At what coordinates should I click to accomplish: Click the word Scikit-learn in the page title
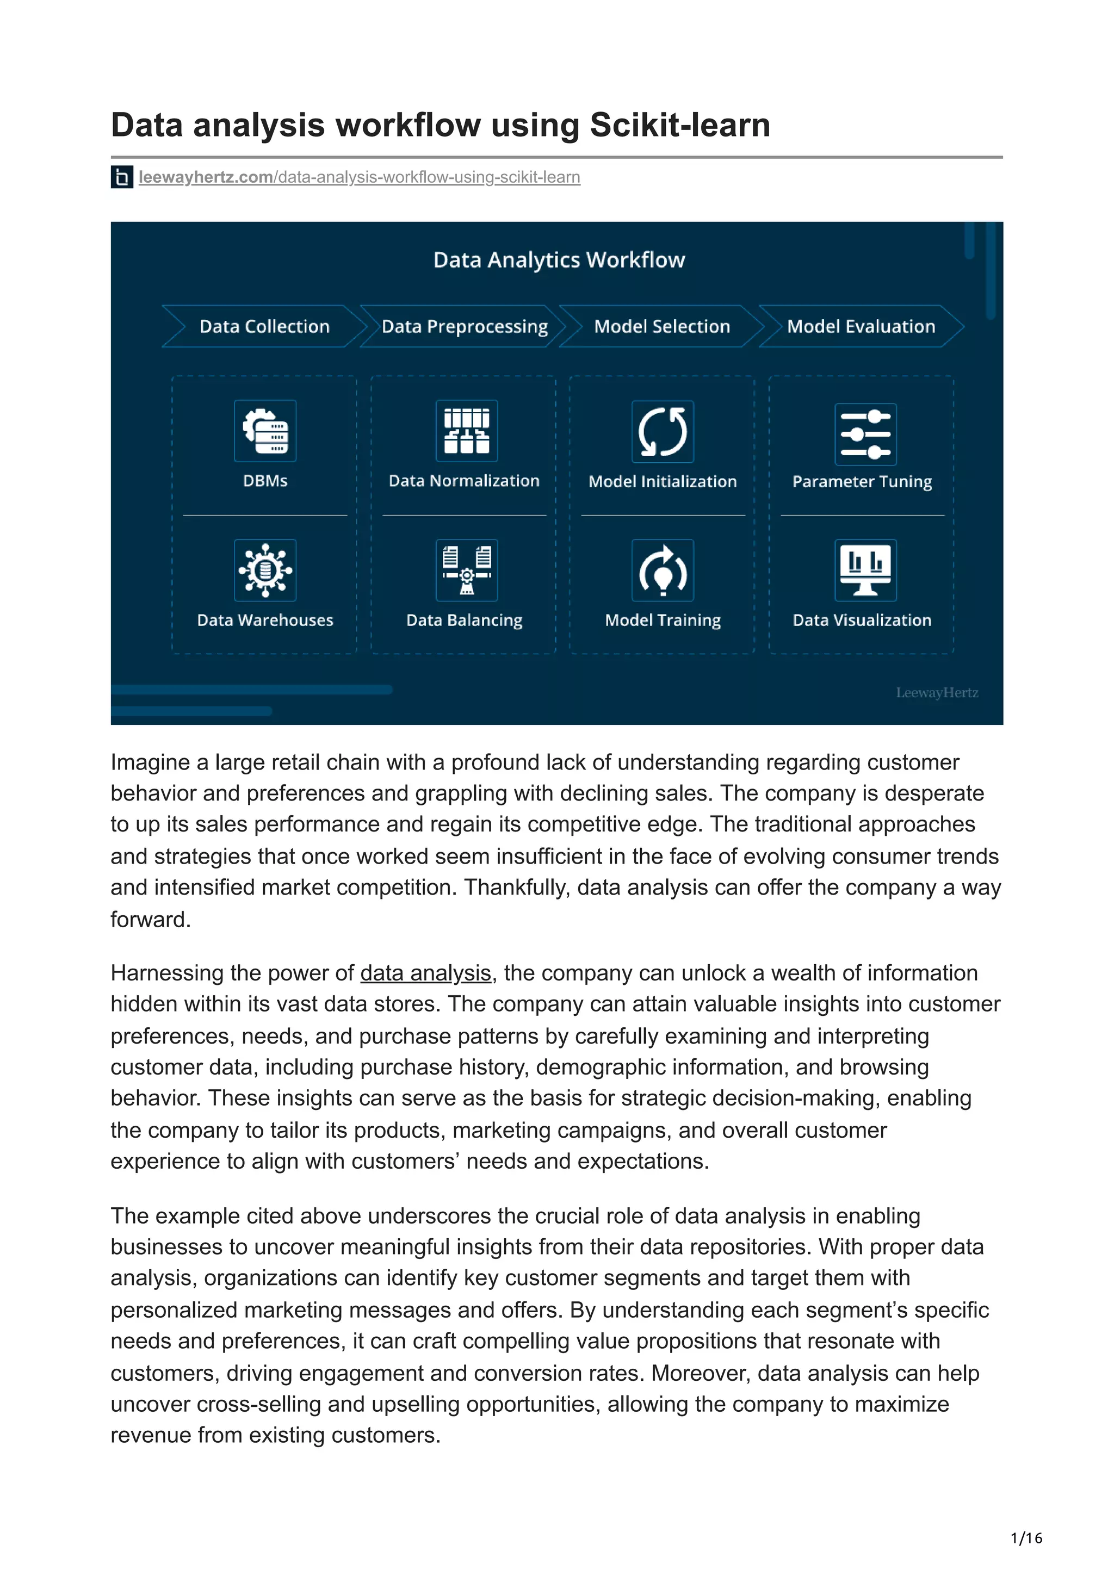pyautogui.click(x=679, y=126)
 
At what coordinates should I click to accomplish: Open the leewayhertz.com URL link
pyautogui.click(x=359, y=177)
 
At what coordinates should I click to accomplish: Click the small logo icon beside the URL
pyautogui.click(x=121, y=177)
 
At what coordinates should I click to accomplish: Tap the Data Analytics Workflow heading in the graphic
pyautogui.click(x=559, y=260)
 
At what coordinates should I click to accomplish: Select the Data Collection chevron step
pyautogui.click(x=264, y=326)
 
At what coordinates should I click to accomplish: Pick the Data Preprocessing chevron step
pyautogui.click(x=465, y=326)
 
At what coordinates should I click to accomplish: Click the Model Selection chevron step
pyautogui.click(x=661, y=326)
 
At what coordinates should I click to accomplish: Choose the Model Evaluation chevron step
pyautogui.click(x=861, y=326)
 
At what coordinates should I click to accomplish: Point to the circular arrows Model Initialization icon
pyautogui.click(x=663, y=431)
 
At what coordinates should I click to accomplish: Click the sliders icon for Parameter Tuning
pyautogui.click(x=865, y=434)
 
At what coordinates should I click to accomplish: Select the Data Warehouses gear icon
pyautogui.click(x=265, y=570)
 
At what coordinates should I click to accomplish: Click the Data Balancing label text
pyautogui.click(x=464, y=620)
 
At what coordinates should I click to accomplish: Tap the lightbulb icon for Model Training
pyautogui.click(x=663, y=570)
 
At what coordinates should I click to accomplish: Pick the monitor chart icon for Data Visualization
pyautogui.click(x=865, y=570)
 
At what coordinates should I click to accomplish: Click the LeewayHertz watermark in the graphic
pyautogui.click(x=936, y=693)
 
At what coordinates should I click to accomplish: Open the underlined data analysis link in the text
pyautogui.click(x=425, y=973)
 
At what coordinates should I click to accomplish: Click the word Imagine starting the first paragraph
pyautogui.click(x=150, y=762)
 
